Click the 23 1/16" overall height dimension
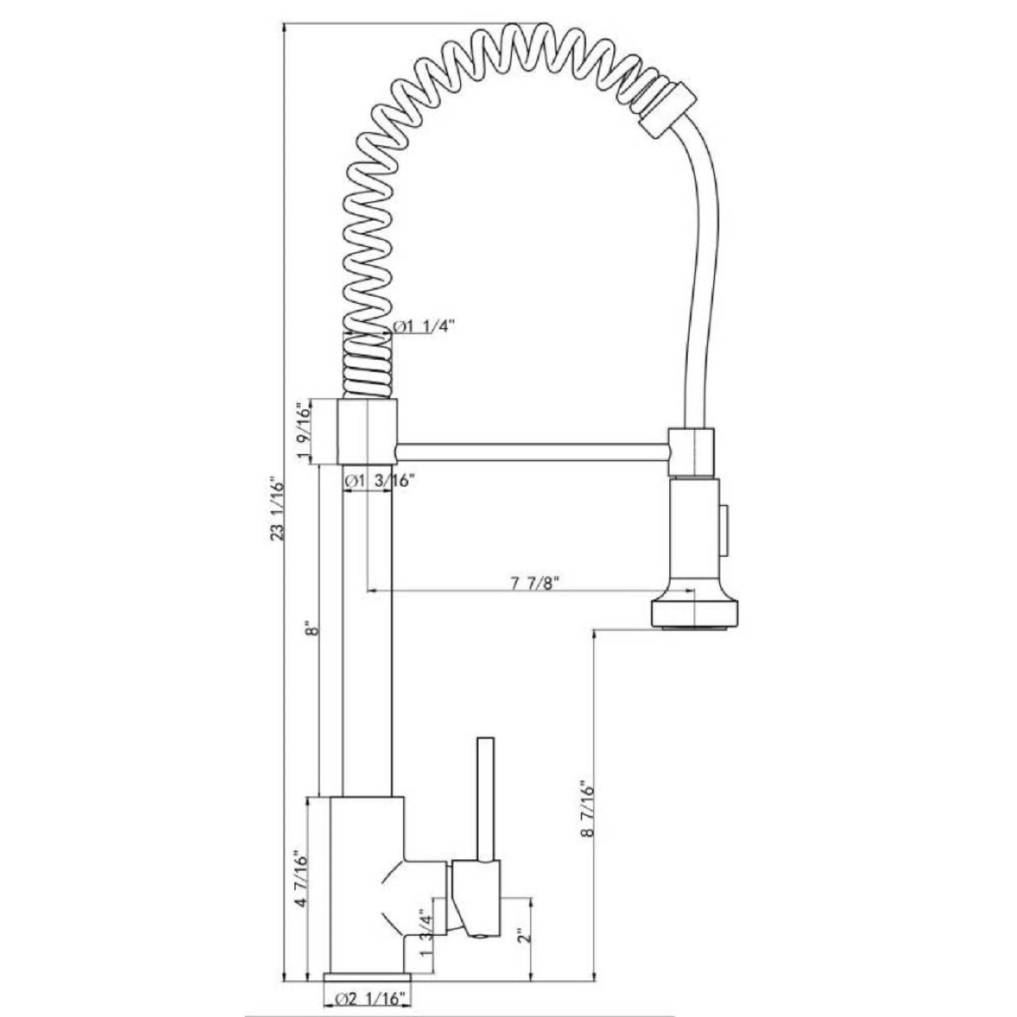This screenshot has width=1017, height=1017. (275, 508)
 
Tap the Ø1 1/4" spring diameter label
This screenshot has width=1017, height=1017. (424, 327)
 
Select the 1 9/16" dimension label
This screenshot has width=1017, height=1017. (304, 432)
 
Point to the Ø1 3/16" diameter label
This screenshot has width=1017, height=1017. (380, 481)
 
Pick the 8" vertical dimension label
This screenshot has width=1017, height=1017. (310, 632)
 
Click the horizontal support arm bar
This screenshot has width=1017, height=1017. (533, 451)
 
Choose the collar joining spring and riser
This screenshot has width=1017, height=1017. (367, 432)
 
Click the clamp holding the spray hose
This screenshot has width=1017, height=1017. (691, 452)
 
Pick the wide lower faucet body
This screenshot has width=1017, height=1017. (366, 890)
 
